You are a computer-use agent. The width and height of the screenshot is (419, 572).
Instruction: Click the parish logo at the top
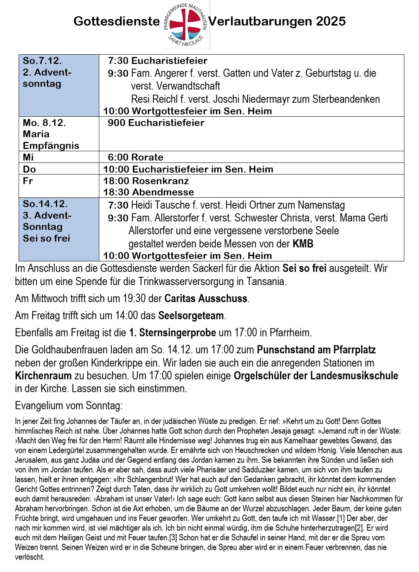[186, 26]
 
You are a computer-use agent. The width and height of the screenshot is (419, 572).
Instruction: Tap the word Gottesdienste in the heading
[116, 21]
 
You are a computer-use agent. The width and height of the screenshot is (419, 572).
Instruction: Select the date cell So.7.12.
[42, 61]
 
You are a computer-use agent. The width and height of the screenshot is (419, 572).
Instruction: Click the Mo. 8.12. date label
[44, 123]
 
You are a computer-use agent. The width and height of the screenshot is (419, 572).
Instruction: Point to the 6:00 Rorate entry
[135, 157]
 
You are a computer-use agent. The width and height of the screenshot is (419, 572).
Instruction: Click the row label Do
[29, 169]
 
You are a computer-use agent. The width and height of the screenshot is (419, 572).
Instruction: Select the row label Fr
[28, 181]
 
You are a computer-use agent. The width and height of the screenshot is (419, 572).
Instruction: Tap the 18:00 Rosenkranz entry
[146, 181]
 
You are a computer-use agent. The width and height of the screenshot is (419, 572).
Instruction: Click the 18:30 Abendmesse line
[149, 192]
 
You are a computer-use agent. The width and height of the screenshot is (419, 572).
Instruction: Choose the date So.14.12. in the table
[45, 204]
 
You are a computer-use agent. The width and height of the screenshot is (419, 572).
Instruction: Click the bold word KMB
[303, 244]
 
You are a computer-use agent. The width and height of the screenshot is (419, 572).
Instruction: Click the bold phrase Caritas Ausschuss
[206, 299]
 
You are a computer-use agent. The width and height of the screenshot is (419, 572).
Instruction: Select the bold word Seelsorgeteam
[191, 316]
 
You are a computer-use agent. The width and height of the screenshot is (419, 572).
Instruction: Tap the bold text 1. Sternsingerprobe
[172, 333]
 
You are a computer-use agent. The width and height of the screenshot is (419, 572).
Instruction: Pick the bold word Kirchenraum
[43, 376]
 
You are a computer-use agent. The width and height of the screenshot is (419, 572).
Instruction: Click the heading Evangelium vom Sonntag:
[69, 406]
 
